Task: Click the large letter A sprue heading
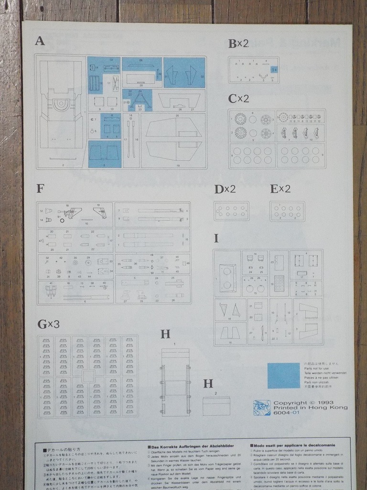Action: pos(40,41)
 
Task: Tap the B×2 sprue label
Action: pos(238,44)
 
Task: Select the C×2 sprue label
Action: pos(238,99)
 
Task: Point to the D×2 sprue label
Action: pos(225,189)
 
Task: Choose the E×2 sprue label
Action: pos(281,189)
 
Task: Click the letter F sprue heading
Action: pos(40,189)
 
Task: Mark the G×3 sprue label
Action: pos(48,324)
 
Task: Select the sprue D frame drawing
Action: pos(232,211)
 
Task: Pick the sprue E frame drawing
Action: pos(287,211)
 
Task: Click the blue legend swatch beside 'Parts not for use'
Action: pos(283,376)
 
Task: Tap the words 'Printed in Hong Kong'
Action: pos(310,408)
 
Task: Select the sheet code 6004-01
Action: pos(286,413)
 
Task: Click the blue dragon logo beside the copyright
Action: pos(261,408)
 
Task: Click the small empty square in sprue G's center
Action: pos(88,376)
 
